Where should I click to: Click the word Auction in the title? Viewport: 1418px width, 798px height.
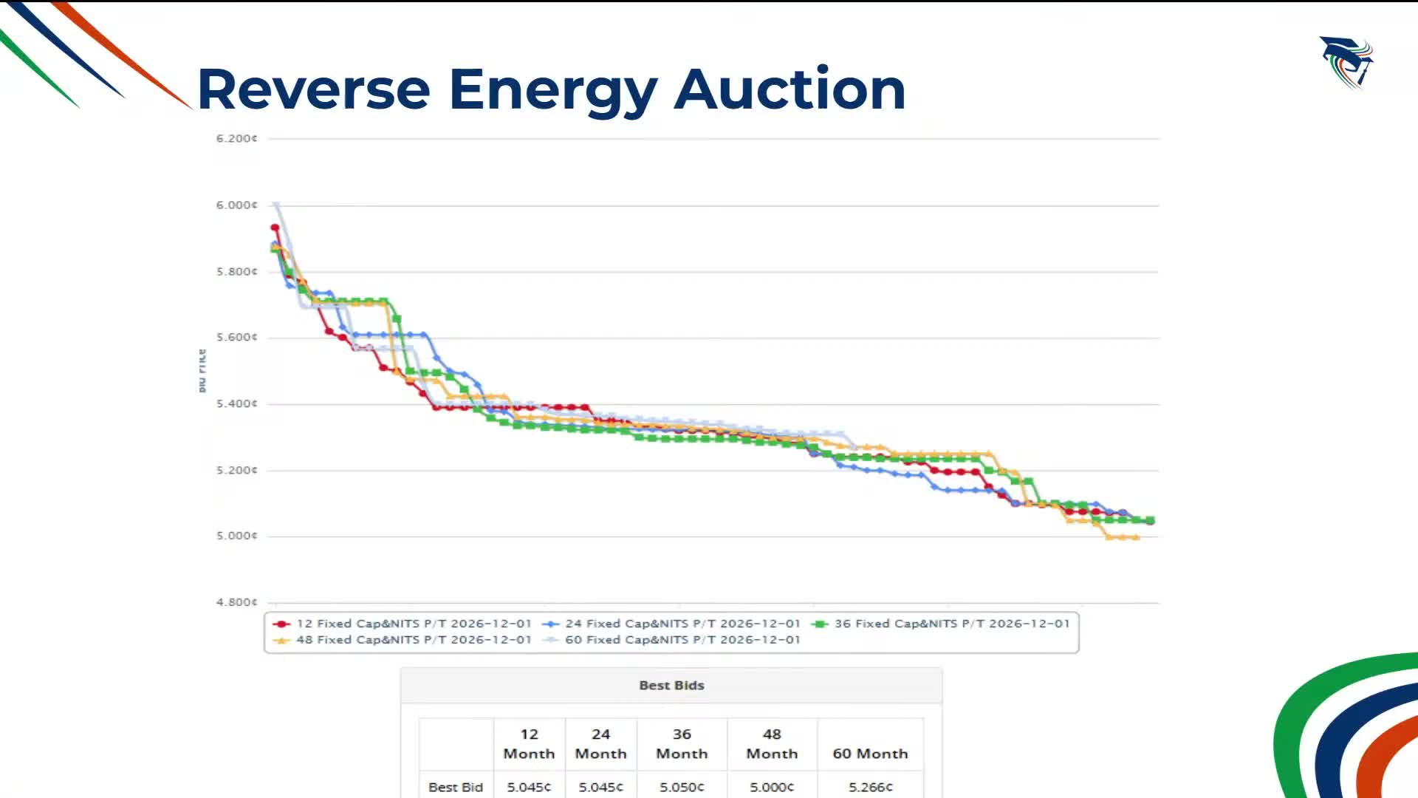(790, 89)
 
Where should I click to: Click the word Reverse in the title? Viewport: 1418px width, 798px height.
(313, 89)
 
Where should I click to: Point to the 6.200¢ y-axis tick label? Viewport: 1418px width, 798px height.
(236, 138)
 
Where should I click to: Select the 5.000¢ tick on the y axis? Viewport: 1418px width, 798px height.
(236, 536)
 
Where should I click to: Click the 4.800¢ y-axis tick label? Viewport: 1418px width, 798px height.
(236, 602)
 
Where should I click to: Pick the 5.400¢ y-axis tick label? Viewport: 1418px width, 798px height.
(236, 403)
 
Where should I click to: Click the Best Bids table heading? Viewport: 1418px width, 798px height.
(671, 686)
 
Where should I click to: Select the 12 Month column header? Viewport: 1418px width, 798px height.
(529, 743)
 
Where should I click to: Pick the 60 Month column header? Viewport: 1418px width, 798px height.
(870, 754)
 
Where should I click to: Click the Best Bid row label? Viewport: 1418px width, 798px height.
(456, 787)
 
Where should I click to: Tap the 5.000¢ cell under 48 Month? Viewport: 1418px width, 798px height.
(772, 787)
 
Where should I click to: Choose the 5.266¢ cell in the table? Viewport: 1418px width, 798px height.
(870, 787)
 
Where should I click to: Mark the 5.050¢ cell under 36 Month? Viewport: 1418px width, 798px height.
(682, 787)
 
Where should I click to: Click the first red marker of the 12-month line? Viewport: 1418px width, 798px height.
(275, 228)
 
